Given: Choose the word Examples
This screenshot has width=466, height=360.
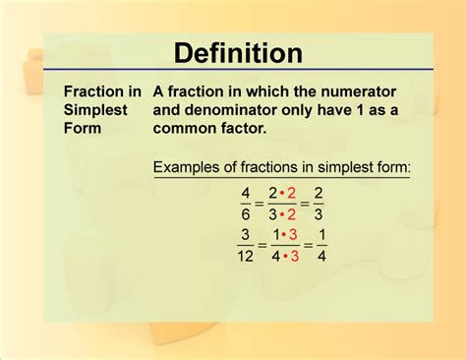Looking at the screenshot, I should (x=191, y=168).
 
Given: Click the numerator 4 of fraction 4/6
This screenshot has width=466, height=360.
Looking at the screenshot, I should (x=244, y=193).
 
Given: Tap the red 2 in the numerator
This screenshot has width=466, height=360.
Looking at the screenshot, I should (x=291, y=193).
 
